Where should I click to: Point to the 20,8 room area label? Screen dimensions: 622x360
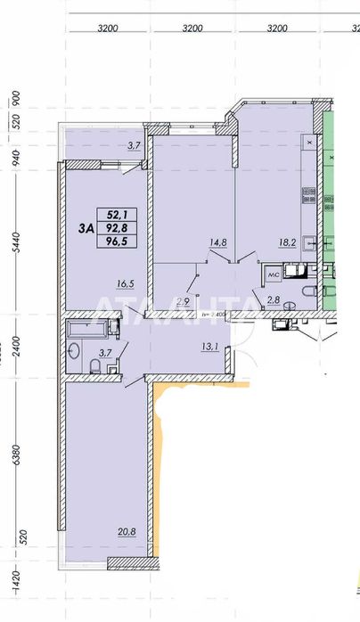[126, 533]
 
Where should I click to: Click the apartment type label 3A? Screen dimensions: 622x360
[87, 228]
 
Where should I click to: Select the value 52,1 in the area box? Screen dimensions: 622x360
[117, 214]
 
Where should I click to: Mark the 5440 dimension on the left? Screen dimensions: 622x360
[14, 236]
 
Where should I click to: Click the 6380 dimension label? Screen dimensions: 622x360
[14, 461]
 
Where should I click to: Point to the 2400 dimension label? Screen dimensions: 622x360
[14, 348]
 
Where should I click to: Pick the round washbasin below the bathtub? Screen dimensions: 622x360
[71, 350]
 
